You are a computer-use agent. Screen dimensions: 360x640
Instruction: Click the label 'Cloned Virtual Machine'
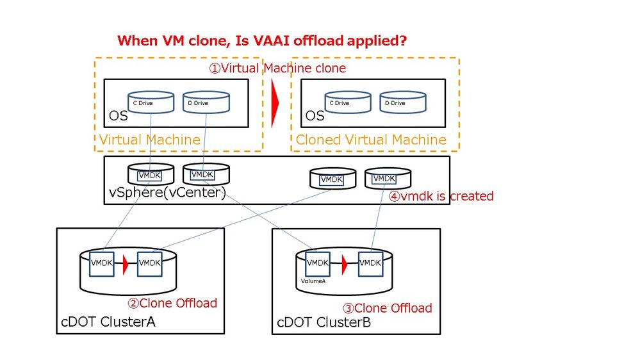[x=371, y=140]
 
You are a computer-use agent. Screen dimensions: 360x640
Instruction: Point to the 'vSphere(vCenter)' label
[x=167, y=192]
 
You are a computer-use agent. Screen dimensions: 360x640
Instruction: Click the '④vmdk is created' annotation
[x=441, y=196]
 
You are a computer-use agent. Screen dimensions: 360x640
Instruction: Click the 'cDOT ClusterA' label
[x=109, y=322]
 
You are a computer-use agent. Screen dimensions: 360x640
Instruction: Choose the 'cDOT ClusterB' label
[x=324, y=322]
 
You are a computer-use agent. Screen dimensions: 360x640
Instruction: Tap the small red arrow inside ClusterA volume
[x=126, y=263]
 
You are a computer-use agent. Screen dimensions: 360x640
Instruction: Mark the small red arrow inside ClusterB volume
[x=344, y=263]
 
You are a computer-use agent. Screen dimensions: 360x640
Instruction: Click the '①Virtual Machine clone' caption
[x=278, y=68]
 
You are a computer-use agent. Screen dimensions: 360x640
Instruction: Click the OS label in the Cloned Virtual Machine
[x=315, y=117]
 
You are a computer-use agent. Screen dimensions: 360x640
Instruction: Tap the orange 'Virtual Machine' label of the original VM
[x=149, y=140]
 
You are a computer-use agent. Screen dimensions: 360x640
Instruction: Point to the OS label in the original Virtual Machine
[x=118, y=117]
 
